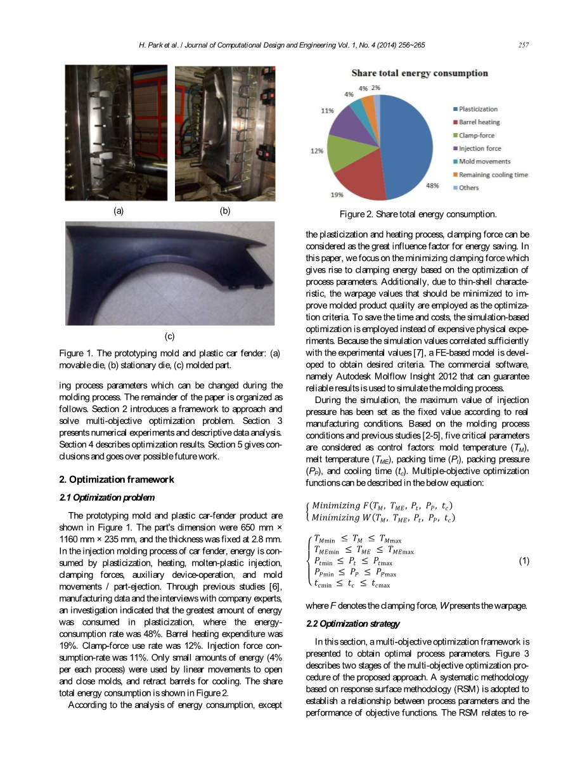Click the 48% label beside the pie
[432, 186]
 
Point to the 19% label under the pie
[337, 194]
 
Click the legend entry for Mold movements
[484, 162]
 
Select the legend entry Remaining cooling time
[493, 175]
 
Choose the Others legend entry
[468, 188]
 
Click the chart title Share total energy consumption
[420, 73]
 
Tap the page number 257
[523, 45]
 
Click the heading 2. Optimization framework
[116, 479]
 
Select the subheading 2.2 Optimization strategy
[352, 624]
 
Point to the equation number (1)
[524, 561]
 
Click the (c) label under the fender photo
[170, 336]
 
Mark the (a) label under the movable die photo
[118, 211]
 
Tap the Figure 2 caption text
[417, 214]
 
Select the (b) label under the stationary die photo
[224, 211]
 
